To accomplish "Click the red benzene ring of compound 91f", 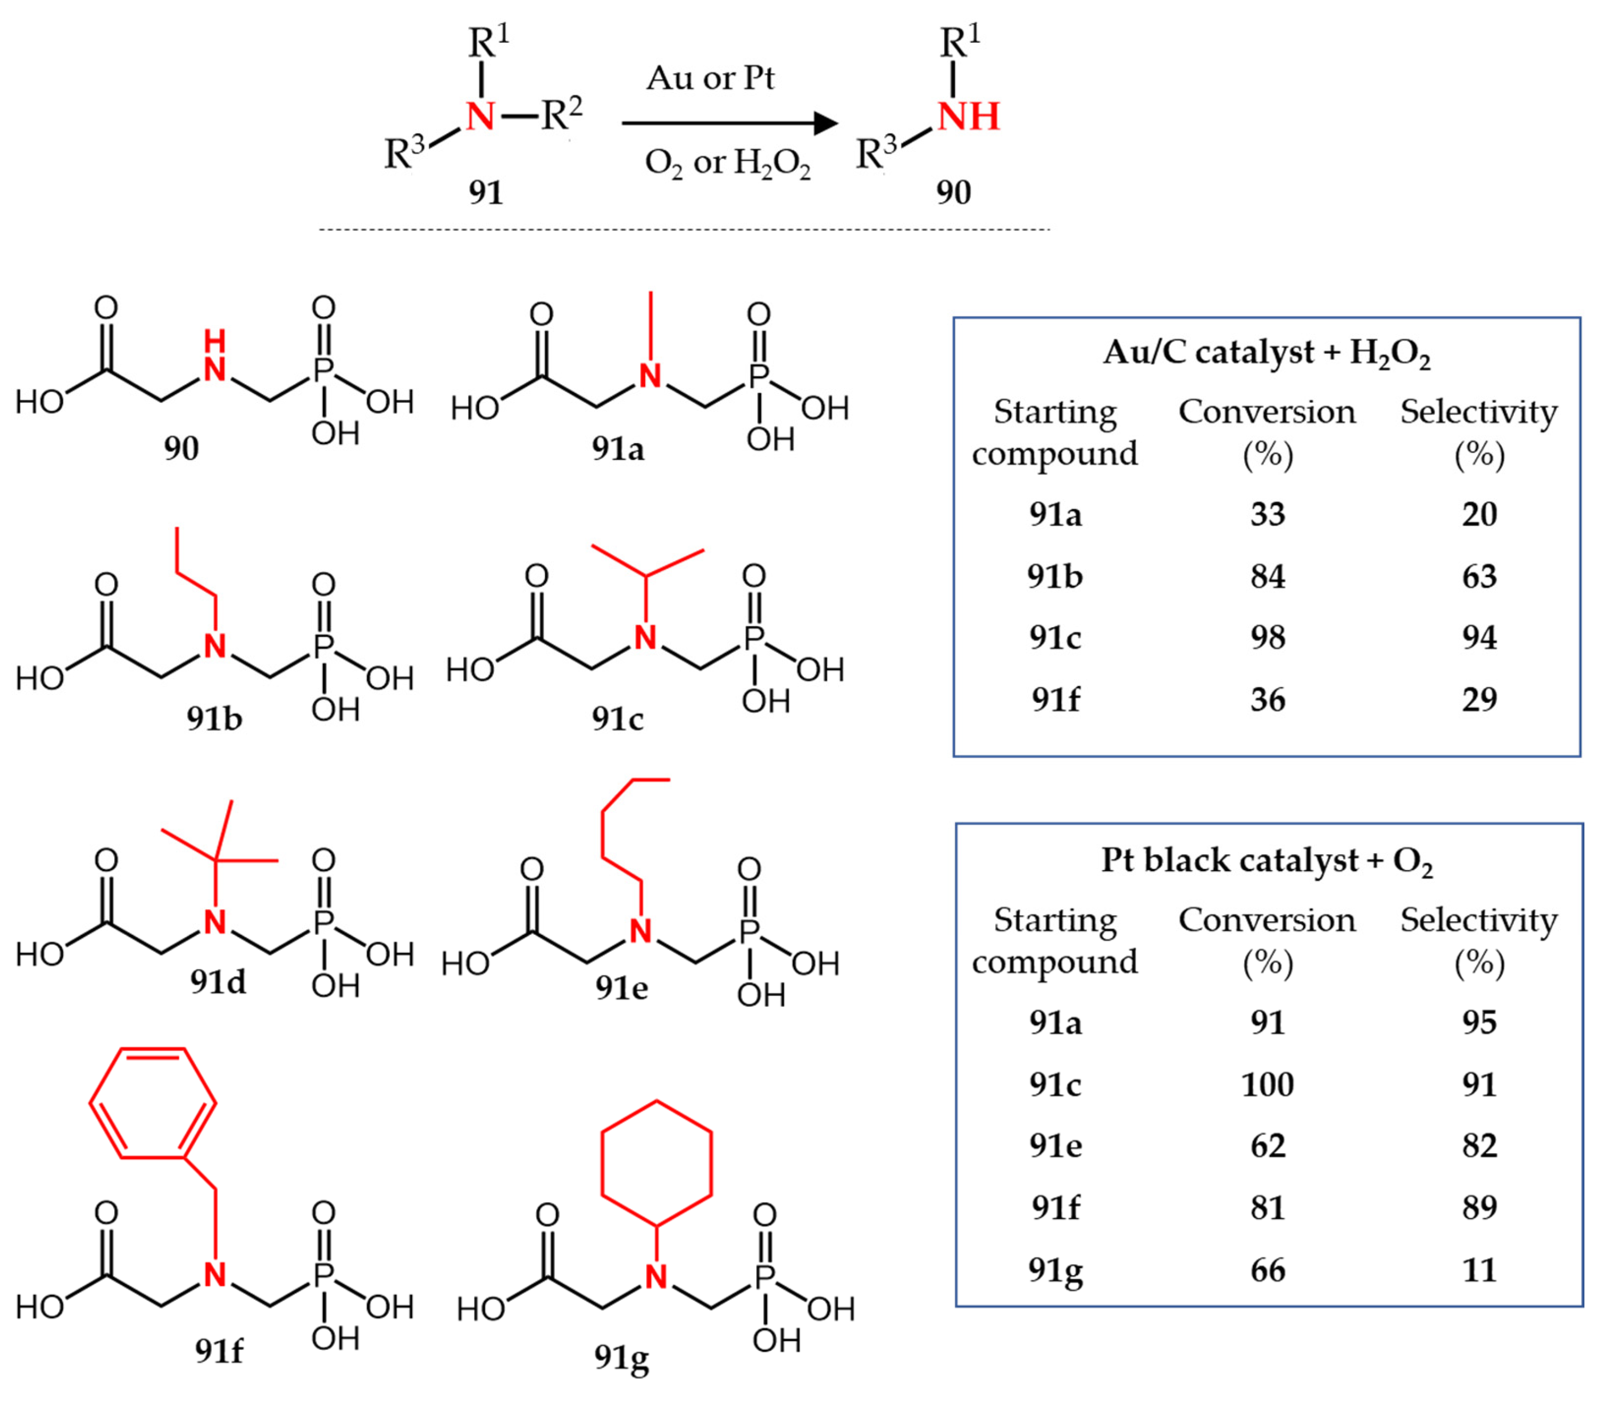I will click(x=153, y=1103).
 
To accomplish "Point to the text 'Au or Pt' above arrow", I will click(x=710, y=78).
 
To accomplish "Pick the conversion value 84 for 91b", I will click(x=1267, y=576).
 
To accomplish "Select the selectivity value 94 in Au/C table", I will click(x=1479, y=637).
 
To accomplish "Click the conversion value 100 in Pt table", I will click(x=1267, y=1084).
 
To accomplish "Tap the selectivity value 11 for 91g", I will click(x=1479, y=1270).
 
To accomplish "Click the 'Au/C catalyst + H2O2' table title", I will click(x=1266, y=353).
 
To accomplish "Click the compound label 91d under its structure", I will click(x=218, y=982).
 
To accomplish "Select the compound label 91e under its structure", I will click(x=621, y=988).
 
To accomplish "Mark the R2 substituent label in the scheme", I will click(x=561, y=115).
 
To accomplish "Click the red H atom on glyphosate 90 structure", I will click(x=214, y=341).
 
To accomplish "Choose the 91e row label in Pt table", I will click(x=1055, y=1145).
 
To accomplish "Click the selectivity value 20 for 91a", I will click(x=1479, y=514).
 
